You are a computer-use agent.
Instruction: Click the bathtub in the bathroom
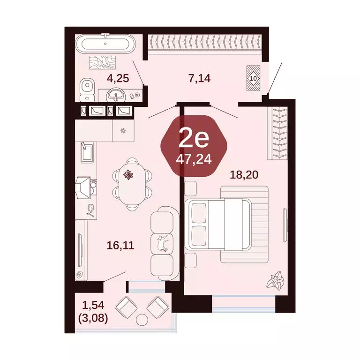107,45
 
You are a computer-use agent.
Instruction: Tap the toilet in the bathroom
86,89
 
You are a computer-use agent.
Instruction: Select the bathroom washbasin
115,95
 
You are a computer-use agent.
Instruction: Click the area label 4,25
118,78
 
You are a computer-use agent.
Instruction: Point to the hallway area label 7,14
199,78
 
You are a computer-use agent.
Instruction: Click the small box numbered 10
254,78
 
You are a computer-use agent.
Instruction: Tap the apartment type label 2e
193,138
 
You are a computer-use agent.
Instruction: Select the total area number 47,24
194,159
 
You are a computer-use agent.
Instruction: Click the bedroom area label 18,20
244,175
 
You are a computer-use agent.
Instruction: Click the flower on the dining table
128,175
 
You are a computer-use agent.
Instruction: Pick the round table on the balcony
141,320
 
